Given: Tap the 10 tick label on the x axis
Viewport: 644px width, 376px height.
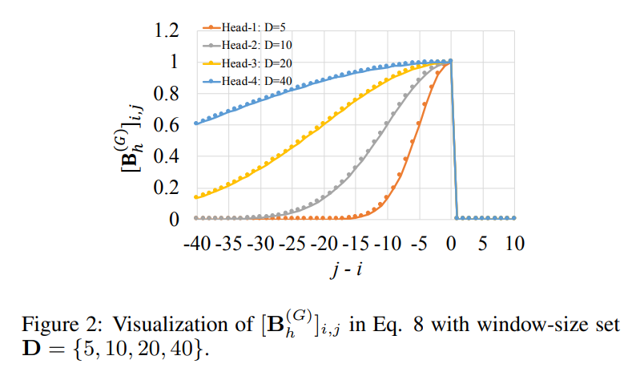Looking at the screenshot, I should [513, 242].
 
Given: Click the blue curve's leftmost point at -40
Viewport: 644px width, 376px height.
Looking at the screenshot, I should [197, 123].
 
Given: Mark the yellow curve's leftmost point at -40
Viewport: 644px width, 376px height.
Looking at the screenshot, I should [197, 196].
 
